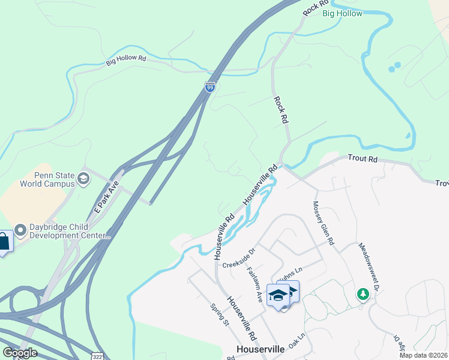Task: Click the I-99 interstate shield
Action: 209,87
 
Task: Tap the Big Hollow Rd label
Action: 126,60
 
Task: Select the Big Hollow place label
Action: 342,13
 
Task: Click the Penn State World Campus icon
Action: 83,178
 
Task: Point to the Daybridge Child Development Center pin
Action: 20,230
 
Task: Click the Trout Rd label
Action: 364,160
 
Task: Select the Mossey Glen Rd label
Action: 322,223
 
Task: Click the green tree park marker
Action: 363,294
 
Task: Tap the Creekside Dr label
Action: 239,257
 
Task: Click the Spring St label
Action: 219,314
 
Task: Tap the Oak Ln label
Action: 297,340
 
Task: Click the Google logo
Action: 19,353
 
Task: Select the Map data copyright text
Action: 423,355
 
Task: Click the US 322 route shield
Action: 97,355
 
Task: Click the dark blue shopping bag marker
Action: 4,242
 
